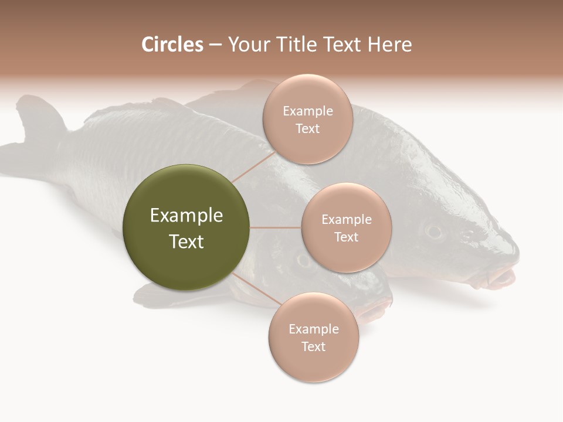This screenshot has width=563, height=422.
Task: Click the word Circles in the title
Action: click(172, 45)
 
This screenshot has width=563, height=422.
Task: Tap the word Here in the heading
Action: click(389, 45)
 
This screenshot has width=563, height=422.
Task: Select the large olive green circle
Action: click(186, 227)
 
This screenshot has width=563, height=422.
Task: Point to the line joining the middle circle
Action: click(276, 227)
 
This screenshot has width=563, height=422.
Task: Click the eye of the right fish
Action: click(434, 230)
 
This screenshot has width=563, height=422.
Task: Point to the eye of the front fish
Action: click(303, 260)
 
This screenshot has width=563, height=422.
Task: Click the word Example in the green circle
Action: click(186, 216)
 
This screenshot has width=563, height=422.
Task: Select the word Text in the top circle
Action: click(307, 129)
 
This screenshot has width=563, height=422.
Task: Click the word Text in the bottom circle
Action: click(313, 347)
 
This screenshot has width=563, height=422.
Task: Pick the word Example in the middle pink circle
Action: click(346, 220)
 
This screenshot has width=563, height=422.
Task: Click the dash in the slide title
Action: click(215, 45)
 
